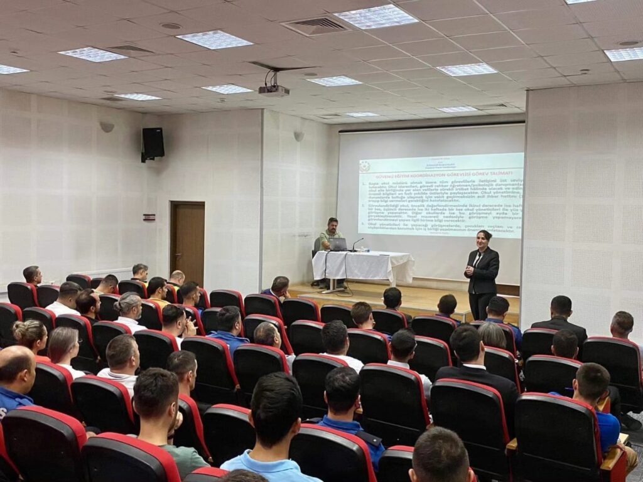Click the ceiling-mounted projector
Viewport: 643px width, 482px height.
coord(274,90)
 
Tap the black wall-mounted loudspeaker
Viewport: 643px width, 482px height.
coord(153,144)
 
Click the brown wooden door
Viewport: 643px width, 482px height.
coord(187,242)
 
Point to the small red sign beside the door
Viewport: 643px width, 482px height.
coord(149,217)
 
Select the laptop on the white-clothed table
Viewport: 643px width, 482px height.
coord(338,244)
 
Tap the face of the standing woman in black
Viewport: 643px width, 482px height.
coord(484,240)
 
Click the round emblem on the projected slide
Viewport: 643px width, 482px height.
coord(365,166)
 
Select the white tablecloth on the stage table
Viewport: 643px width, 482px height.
coord(363,265)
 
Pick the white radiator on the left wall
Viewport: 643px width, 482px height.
coord(104,273)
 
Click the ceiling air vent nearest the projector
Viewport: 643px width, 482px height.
coord(316,26)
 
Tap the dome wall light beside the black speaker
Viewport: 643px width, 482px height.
coord(107,126)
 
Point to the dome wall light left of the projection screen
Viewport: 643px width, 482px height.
coord(299,135)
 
